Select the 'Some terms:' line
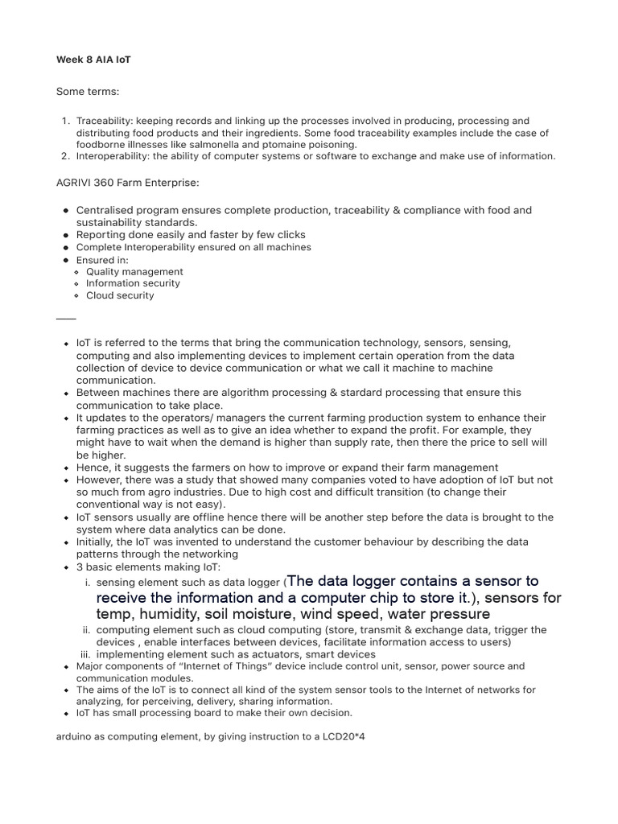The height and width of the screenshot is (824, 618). coord(88,93)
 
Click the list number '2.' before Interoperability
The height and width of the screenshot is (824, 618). coord(68,156)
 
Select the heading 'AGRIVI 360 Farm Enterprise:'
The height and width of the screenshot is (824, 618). coord(127,183)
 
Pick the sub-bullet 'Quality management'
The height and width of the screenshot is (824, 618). coord(134,272)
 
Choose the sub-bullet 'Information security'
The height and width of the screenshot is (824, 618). coord(133,283)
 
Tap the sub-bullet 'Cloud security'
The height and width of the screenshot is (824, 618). coord(120,295)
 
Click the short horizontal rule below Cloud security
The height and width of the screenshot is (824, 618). coord(66,319)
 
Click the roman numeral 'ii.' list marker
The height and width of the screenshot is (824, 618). coord(87,630)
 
